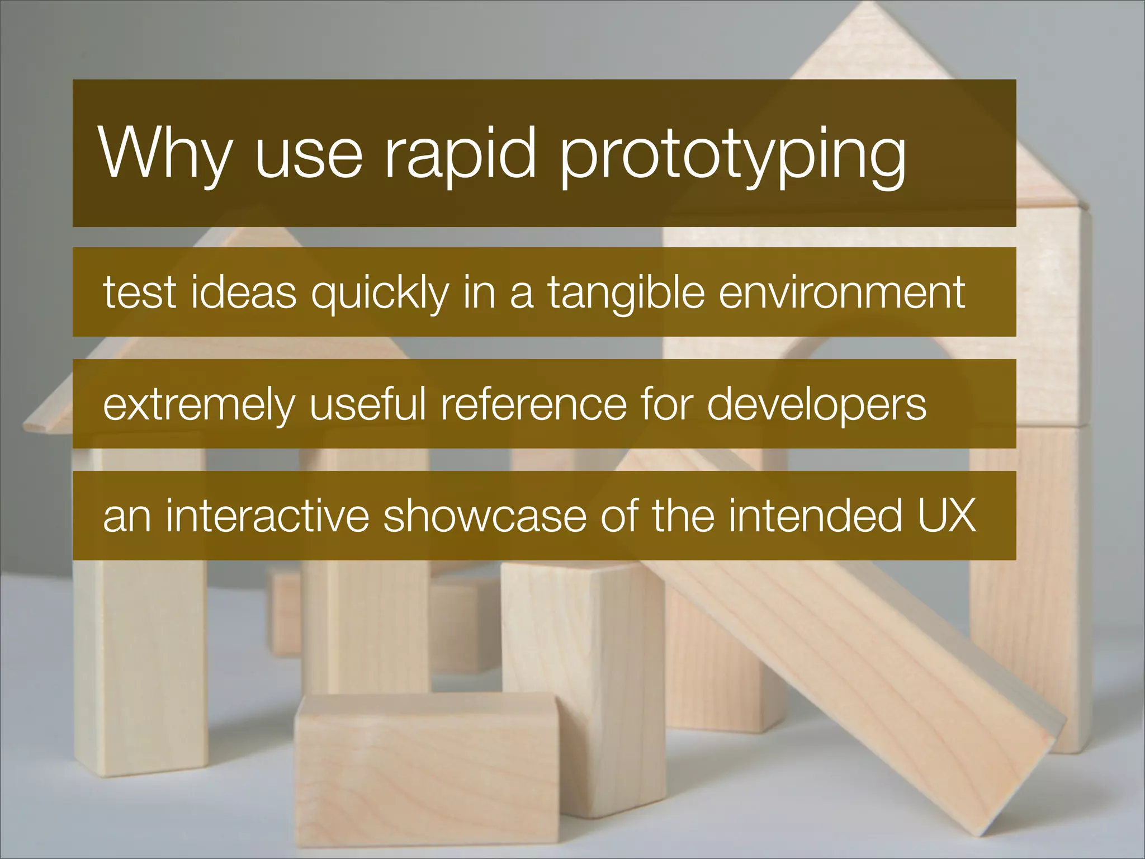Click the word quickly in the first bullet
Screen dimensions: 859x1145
[x=380, y=293]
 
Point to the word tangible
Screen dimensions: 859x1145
[x=626, y=293]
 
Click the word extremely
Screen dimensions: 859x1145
[x=198, y=405]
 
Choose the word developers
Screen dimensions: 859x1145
[x=817, y=405]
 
